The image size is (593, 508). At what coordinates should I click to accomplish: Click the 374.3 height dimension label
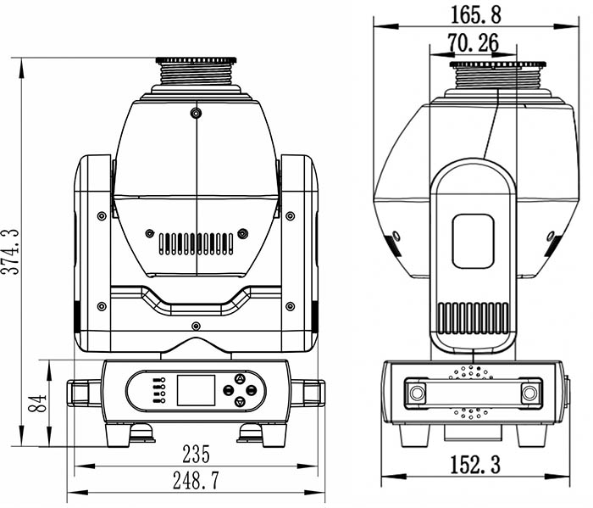[10, 251]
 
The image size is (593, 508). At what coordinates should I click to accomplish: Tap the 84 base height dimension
[37, 403]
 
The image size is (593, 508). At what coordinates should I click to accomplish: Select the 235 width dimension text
[196, 454]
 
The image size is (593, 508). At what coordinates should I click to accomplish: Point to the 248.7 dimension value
[196, 480]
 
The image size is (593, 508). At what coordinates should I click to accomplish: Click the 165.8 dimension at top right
[476, 15]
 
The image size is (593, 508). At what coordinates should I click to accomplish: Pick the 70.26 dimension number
[473, 42]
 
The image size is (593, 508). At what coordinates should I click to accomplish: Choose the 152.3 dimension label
[475, 465]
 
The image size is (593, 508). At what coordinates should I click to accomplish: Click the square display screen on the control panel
[196, 390]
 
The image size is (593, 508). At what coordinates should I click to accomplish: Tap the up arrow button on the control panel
[240, 378]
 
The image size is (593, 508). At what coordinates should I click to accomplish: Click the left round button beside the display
[228, 390]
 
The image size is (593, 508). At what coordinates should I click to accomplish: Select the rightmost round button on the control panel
[251, 390]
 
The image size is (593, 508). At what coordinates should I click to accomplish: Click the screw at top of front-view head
[196, 113]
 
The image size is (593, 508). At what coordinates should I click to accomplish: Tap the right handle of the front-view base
[308, 393]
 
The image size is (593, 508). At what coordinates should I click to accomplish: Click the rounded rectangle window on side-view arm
[473, 241]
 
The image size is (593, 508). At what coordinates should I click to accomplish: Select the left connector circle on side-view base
[417, 393]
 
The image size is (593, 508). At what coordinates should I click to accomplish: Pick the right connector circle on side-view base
[529, 393]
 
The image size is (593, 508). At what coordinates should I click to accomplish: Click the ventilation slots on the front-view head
[196, 243]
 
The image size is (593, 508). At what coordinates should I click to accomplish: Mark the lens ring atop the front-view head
[196, 60]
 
